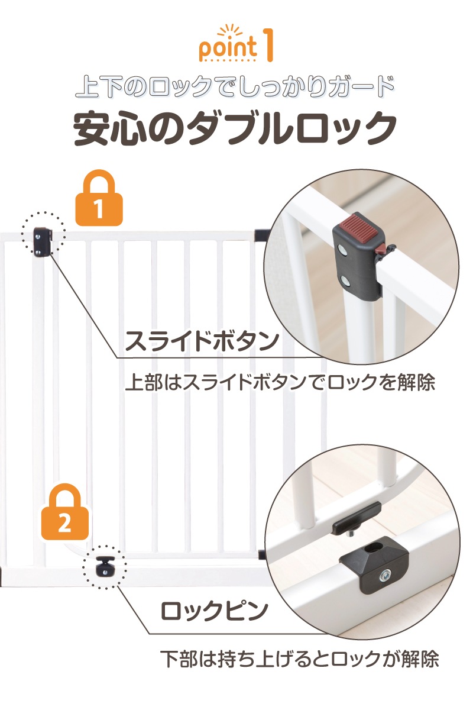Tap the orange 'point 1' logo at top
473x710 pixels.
click(237, 44)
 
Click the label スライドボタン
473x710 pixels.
click(202, 342)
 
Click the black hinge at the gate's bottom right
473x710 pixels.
click(262, 554)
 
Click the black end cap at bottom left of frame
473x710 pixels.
click(2, 573)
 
